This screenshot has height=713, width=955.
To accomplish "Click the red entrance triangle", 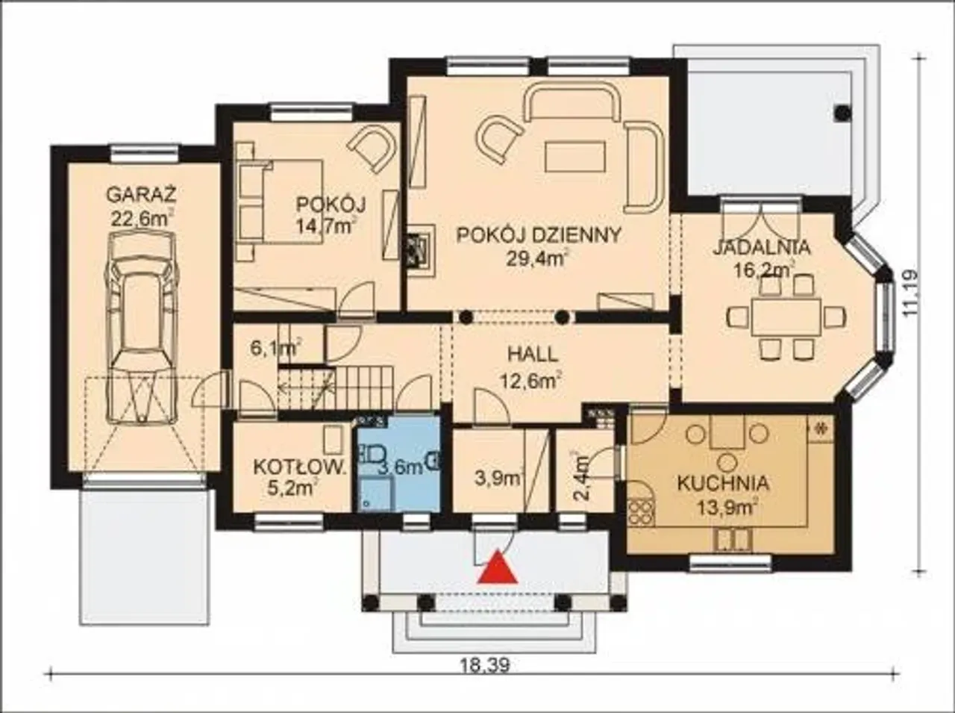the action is (x=498, y=567).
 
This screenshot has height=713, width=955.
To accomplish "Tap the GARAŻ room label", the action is (x=142, y=195).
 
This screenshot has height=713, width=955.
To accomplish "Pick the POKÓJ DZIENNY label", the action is (x=538, y=235).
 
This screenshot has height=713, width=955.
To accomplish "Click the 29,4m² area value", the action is (x=537, y=259).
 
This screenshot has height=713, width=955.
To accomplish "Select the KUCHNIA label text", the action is (x=723, y=483).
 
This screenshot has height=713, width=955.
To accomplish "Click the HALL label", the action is (x=533, y=355).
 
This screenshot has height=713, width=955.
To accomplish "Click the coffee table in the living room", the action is (x=575, y=157).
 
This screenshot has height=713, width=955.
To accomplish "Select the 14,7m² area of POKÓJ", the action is (x=327, y=225).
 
